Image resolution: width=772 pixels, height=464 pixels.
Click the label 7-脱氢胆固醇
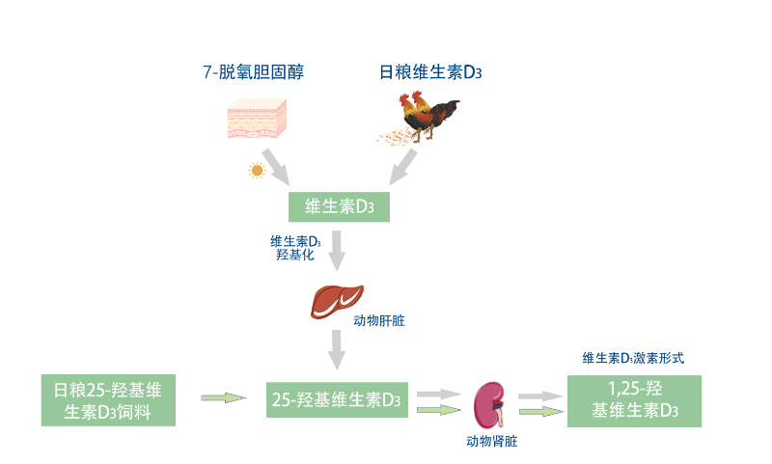point(253,71)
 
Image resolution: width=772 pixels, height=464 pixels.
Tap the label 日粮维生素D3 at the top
point(430,71)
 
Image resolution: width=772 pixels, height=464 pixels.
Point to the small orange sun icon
point(256,170)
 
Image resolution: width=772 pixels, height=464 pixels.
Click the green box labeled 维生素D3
point(340,206)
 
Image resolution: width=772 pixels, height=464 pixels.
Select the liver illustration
point(337,300)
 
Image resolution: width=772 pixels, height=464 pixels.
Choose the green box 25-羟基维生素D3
point(337,398)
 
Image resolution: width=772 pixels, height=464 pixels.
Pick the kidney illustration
point(491,404)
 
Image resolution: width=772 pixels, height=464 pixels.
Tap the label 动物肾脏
point(491,441)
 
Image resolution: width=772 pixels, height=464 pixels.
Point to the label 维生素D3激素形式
point(633,357)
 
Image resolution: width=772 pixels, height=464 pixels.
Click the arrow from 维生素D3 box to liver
point(336,251)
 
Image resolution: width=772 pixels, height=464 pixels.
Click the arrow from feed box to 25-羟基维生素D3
point(223,396)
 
